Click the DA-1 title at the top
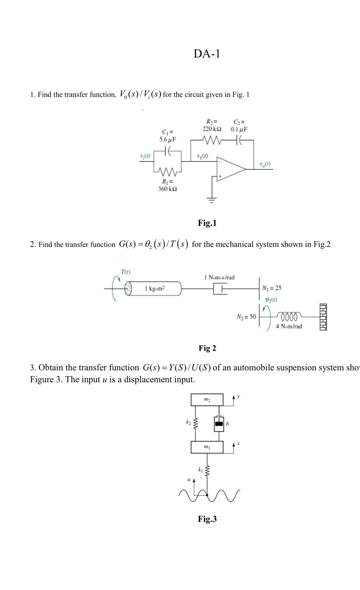point(207,54)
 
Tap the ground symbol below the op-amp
point(212,200)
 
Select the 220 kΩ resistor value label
point(212,129)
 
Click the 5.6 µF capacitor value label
point(168,139)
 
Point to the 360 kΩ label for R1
point(167,189)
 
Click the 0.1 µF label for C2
point(239,129)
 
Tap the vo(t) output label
point(265,164)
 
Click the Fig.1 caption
point(207,223)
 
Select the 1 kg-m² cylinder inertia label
point(155,288)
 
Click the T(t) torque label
point(125,272)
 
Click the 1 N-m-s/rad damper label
point(219,277)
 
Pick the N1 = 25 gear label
point(272,288)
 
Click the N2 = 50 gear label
point(246,317)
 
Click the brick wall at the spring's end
point(323,317)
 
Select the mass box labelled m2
point(207,400)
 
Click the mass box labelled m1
point(207,447)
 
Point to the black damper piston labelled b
point(219,424)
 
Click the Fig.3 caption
point(207,519)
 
